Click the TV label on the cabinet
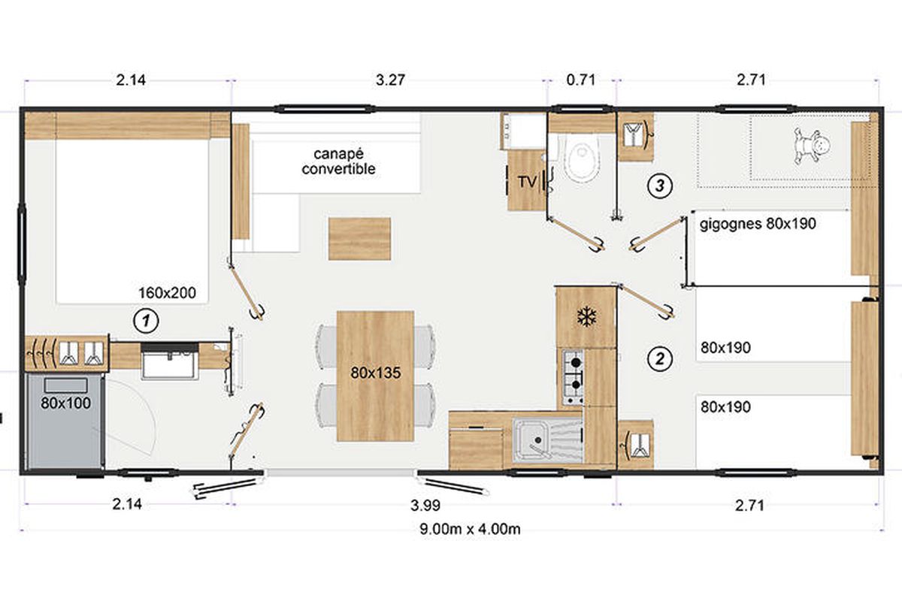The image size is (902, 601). [527, 183]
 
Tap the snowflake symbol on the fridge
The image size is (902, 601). [586, 316]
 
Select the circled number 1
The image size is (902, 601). [146, 321]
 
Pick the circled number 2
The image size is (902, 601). [660, 358]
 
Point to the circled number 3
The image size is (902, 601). [660, 186]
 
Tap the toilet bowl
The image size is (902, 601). [582, 156]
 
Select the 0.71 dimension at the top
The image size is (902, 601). [580, 80]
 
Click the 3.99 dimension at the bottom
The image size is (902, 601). [425, 505]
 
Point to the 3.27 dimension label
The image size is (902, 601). [390, 80]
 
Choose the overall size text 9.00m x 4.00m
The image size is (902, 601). [470, 529]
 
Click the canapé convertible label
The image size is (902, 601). [338, 161]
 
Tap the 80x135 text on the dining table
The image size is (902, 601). [376, 373]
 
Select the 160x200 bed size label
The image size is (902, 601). [167, 293]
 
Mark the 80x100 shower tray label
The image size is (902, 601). [65, 403]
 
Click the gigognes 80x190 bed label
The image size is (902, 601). [758, 223]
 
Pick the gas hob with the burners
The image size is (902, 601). [573, 377]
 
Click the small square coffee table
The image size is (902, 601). [359, 239]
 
